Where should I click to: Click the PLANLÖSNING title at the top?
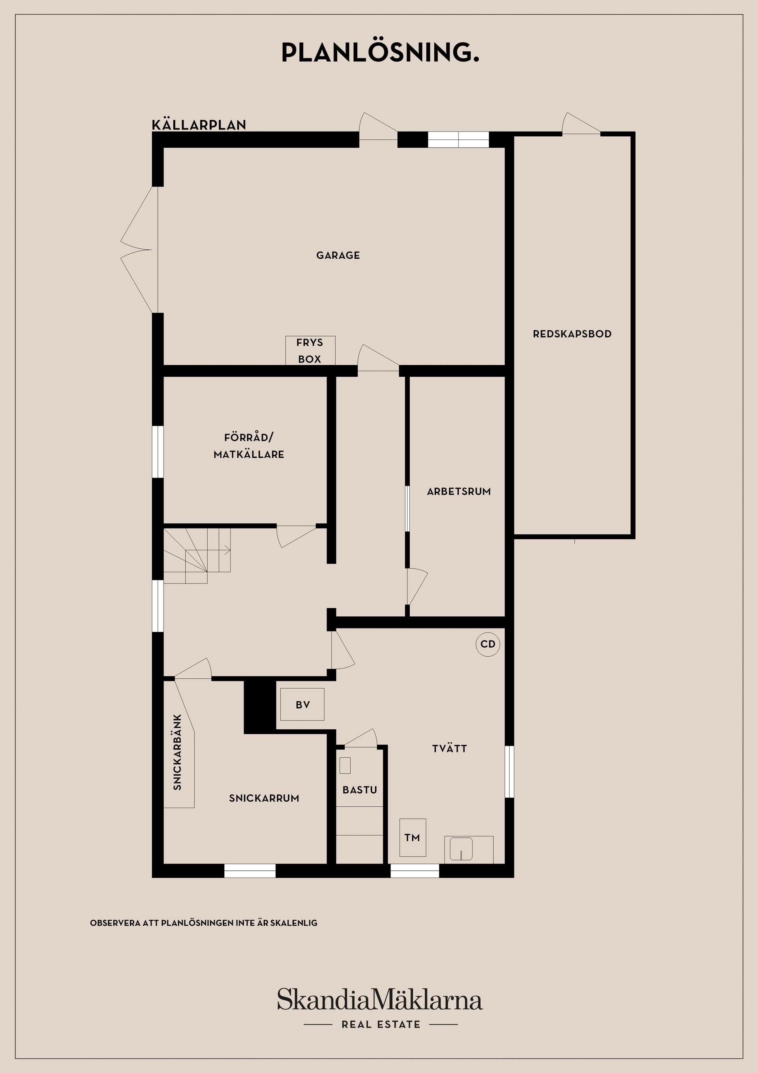(380, 53)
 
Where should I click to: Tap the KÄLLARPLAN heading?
(199, 125)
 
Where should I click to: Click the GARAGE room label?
(338, 255)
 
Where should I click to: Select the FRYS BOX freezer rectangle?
(310, 350)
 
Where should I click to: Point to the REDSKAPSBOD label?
(572, 334)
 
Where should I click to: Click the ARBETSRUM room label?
(459, 491)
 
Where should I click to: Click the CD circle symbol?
(488, 644)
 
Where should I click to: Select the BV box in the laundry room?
(302, 705)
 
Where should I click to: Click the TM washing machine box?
(413, 838)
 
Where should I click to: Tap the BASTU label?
(360, 790)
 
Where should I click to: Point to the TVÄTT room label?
(449, 748)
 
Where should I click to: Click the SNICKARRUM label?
(264, 798)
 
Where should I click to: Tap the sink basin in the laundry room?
(461, 849)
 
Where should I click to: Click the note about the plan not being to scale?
(204, 923)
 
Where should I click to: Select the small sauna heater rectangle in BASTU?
(345, 765)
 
